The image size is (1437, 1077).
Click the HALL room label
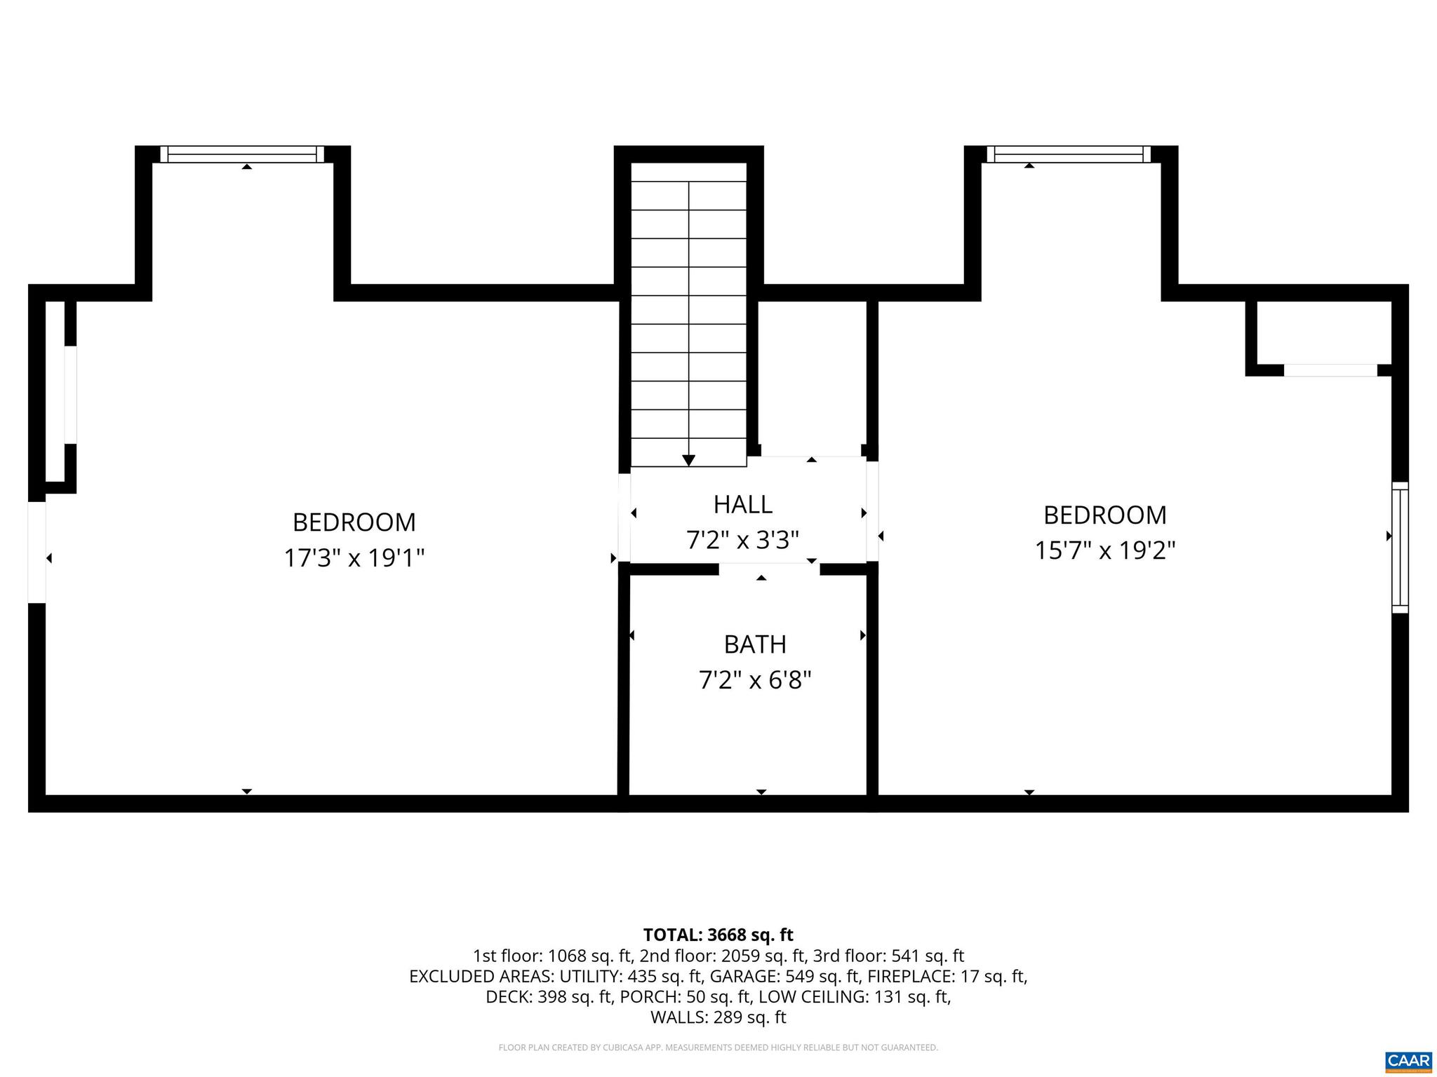point(742,504)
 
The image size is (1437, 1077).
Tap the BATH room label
point(755,644)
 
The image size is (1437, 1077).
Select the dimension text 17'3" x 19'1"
point(354,558)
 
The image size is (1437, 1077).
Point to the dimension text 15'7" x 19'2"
point(1105,550)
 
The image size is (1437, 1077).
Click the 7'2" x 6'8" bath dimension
point(755,680)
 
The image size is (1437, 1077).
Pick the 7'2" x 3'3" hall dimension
point(742,540)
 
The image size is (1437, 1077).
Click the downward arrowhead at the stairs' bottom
point(688,460)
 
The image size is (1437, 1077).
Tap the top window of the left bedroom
point(242,154)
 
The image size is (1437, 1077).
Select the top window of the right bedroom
point(1069,154)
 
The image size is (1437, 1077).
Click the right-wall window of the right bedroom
point(1400,547)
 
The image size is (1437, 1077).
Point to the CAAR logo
point(1408,1061)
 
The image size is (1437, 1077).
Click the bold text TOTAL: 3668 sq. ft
point(718,935)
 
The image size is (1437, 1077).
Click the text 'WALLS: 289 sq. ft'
point(718,1017)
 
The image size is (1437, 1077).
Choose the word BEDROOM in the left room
point(354,522)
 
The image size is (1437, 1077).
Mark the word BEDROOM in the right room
point(1105,515)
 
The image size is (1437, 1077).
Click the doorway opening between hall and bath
point(769,569)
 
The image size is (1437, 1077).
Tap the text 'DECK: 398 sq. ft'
point(549,997)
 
